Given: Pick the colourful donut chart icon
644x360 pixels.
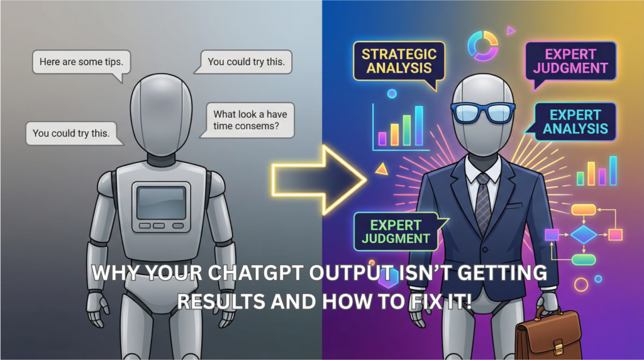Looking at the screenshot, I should pyautogui.click(x=480, y=45).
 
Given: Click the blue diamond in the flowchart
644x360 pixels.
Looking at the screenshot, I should pyautogui.click(x=584, y=235).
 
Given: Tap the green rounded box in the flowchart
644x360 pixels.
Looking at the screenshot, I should pyautogui.click(x=584, y=259).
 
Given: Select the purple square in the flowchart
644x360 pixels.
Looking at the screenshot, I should pyautogui.click(x=552, y=235).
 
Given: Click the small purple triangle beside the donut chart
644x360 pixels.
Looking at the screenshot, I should pyautogui.click(x=511, y=30).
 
